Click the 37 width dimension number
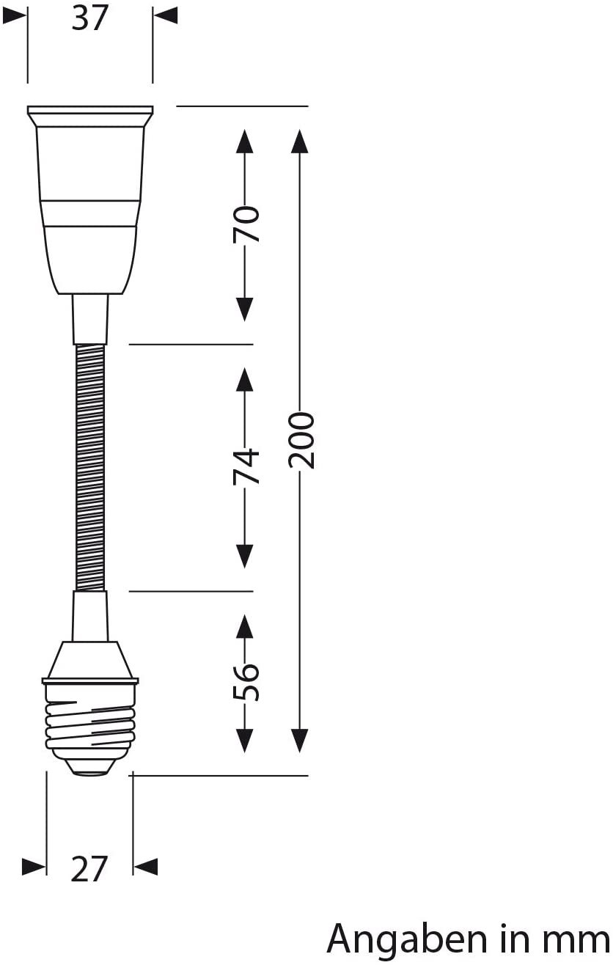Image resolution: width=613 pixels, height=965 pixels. [89, 18]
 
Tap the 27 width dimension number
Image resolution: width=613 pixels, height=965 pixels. [88, 869]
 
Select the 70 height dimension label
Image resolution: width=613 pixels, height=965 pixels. [246, 224]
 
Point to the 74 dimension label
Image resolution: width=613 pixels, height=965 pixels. [246, 467]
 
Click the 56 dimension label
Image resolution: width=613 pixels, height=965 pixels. [246, 683]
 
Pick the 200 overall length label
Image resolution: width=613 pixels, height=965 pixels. [301, 440]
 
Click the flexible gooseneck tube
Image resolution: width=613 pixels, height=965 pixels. [90, 467]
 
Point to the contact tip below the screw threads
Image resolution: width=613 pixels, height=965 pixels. [90, 769]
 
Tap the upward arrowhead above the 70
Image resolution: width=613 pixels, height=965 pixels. [245, 141]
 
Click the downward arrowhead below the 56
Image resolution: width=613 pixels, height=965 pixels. [245, 741]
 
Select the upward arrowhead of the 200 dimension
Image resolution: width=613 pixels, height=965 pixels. [299, 141]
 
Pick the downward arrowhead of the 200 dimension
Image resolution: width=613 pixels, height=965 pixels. [299, 741]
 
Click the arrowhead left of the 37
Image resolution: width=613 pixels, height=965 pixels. [14, 15]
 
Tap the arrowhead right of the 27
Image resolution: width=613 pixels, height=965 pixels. [146, 867]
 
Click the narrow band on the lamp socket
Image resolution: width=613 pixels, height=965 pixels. [90, 213]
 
